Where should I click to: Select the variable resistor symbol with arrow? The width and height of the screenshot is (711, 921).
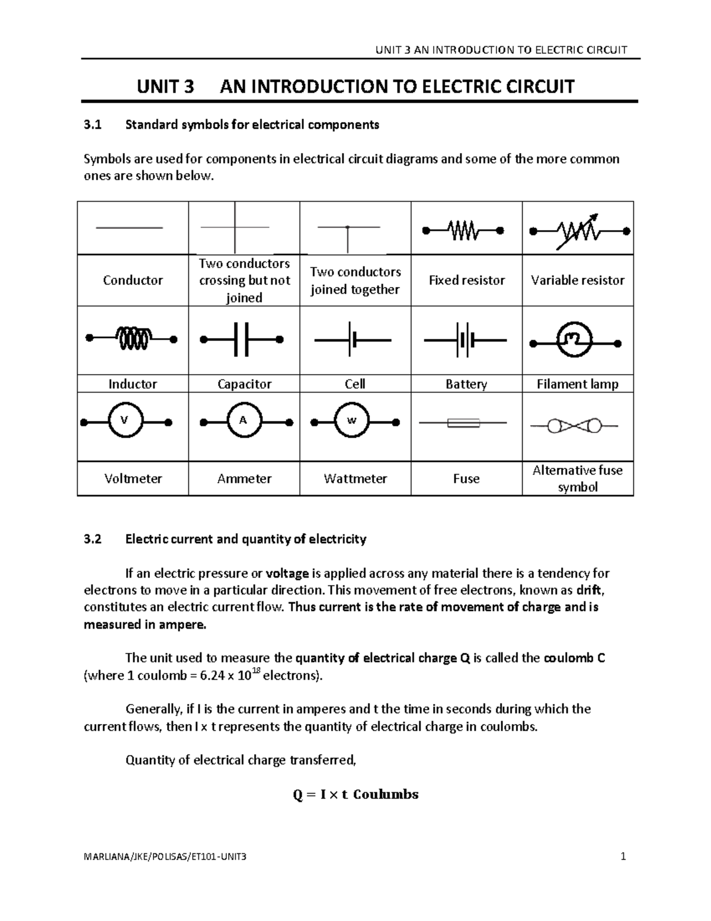pyautogui.click(x=579, y=231)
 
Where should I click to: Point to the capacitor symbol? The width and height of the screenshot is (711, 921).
pyautogui.click(x=242, y=340)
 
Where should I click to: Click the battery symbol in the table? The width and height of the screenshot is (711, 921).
pyautogui.click(x=465, y=340)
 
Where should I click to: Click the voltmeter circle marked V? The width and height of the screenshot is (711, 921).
pyautogui.click(x=124, y=420)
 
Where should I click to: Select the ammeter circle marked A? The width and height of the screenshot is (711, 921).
pyautogui.click(x=242, y=420)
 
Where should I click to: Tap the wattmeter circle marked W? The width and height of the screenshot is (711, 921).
pyautogui.click(x=351, y=420)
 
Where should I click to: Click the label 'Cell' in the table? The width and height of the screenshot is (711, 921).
pyautogui.click(x=354, y=384)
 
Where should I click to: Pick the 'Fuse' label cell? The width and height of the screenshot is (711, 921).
pyautogui.click(x=466, y=479)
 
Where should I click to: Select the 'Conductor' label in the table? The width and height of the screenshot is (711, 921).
pyautogui.click(x=133, y=281)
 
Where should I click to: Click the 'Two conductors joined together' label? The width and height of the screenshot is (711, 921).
pyautogui.click(x=355, y=281)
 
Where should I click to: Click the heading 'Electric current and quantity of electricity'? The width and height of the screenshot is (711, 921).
pyautogui.click(x=246, y=539)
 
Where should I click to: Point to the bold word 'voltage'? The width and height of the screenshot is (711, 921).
pyautogui.click(x=287, y=573)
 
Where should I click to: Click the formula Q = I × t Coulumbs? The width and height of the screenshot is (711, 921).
pyautogui.click(x=355, y=795)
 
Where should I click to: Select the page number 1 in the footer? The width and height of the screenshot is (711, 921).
pyautogui.click(x=623, y=856)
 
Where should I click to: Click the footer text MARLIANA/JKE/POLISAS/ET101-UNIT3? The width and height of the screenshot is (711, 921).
pyautogui.click(x=165, y=857)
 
